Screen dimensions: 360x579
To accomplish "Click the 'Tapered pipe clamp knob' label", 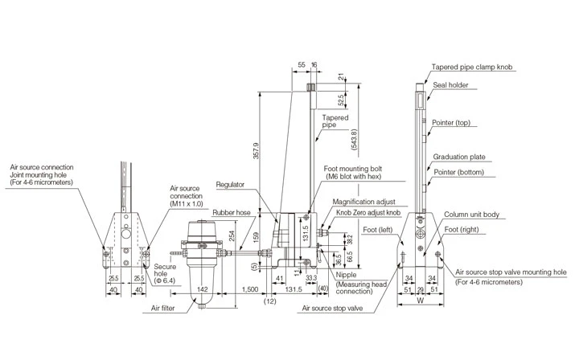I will pyautogui.click(x=471, y=68).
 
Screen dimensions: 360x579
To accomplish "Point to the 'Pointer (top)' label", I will pyautogui.click(x=451, y=123).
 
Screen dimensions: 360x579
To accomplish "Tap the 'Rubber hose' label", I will pyautogui.click(x=232, y=214).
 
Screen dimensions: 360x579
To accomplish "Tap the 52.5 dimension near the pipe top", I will pyautogui.click(x=342, y=100).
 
